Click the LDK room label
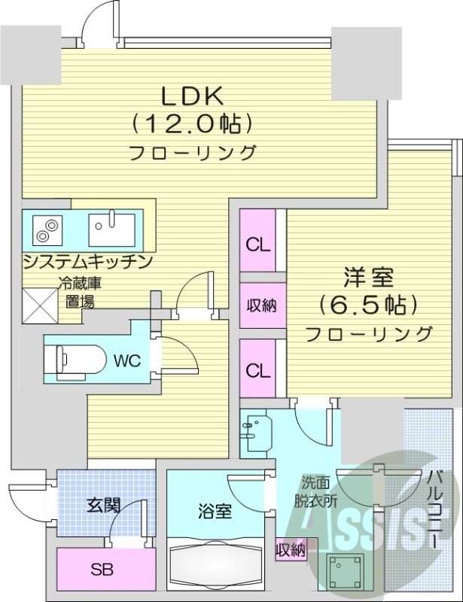coord(191,96)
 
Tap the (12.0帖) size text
coord(191,123)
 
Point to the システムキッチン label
coord(88,262)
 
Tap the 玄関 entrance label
coord(103,505)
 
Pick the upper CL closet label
coord(257,245)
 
